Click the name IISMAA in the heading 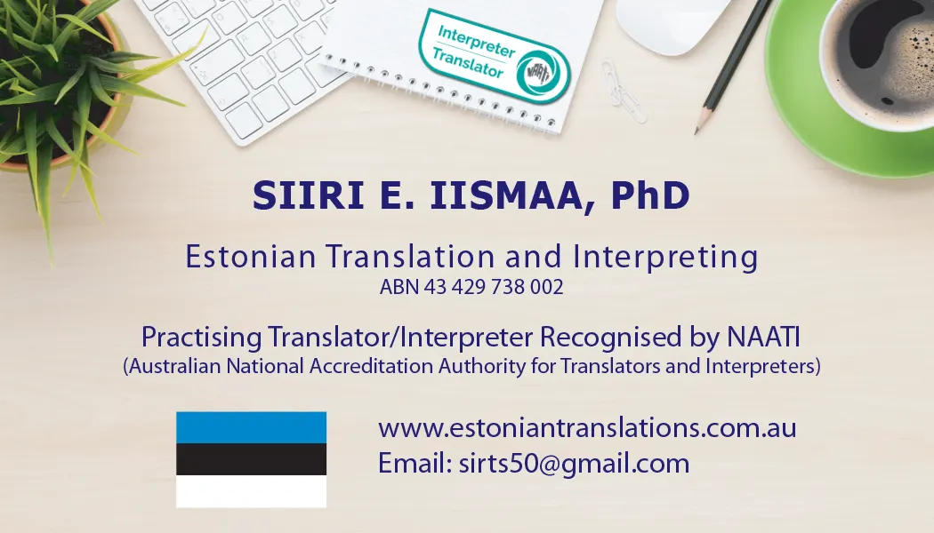click(505, 195)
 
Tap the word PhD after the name click(650, 195)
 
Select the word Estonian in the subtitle click(251, 257)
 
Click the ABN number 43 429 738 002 click(494, 287)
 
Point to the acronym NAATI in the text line click(763, 337)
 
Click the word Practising click(201, 338)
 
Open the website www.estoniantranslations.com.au click(587, 428)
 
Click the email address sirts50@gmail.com click(575, 465)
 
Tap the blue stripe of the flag click(252, 427)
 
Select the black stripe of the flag click(252, 459)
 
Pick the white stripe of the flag click(252, 491)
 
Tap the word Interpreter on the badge click(476, 41)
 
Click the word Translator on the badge click(468, 62)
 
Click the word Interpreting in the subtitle click(665, 257)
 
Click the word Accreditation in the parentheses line click(372, 366)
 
